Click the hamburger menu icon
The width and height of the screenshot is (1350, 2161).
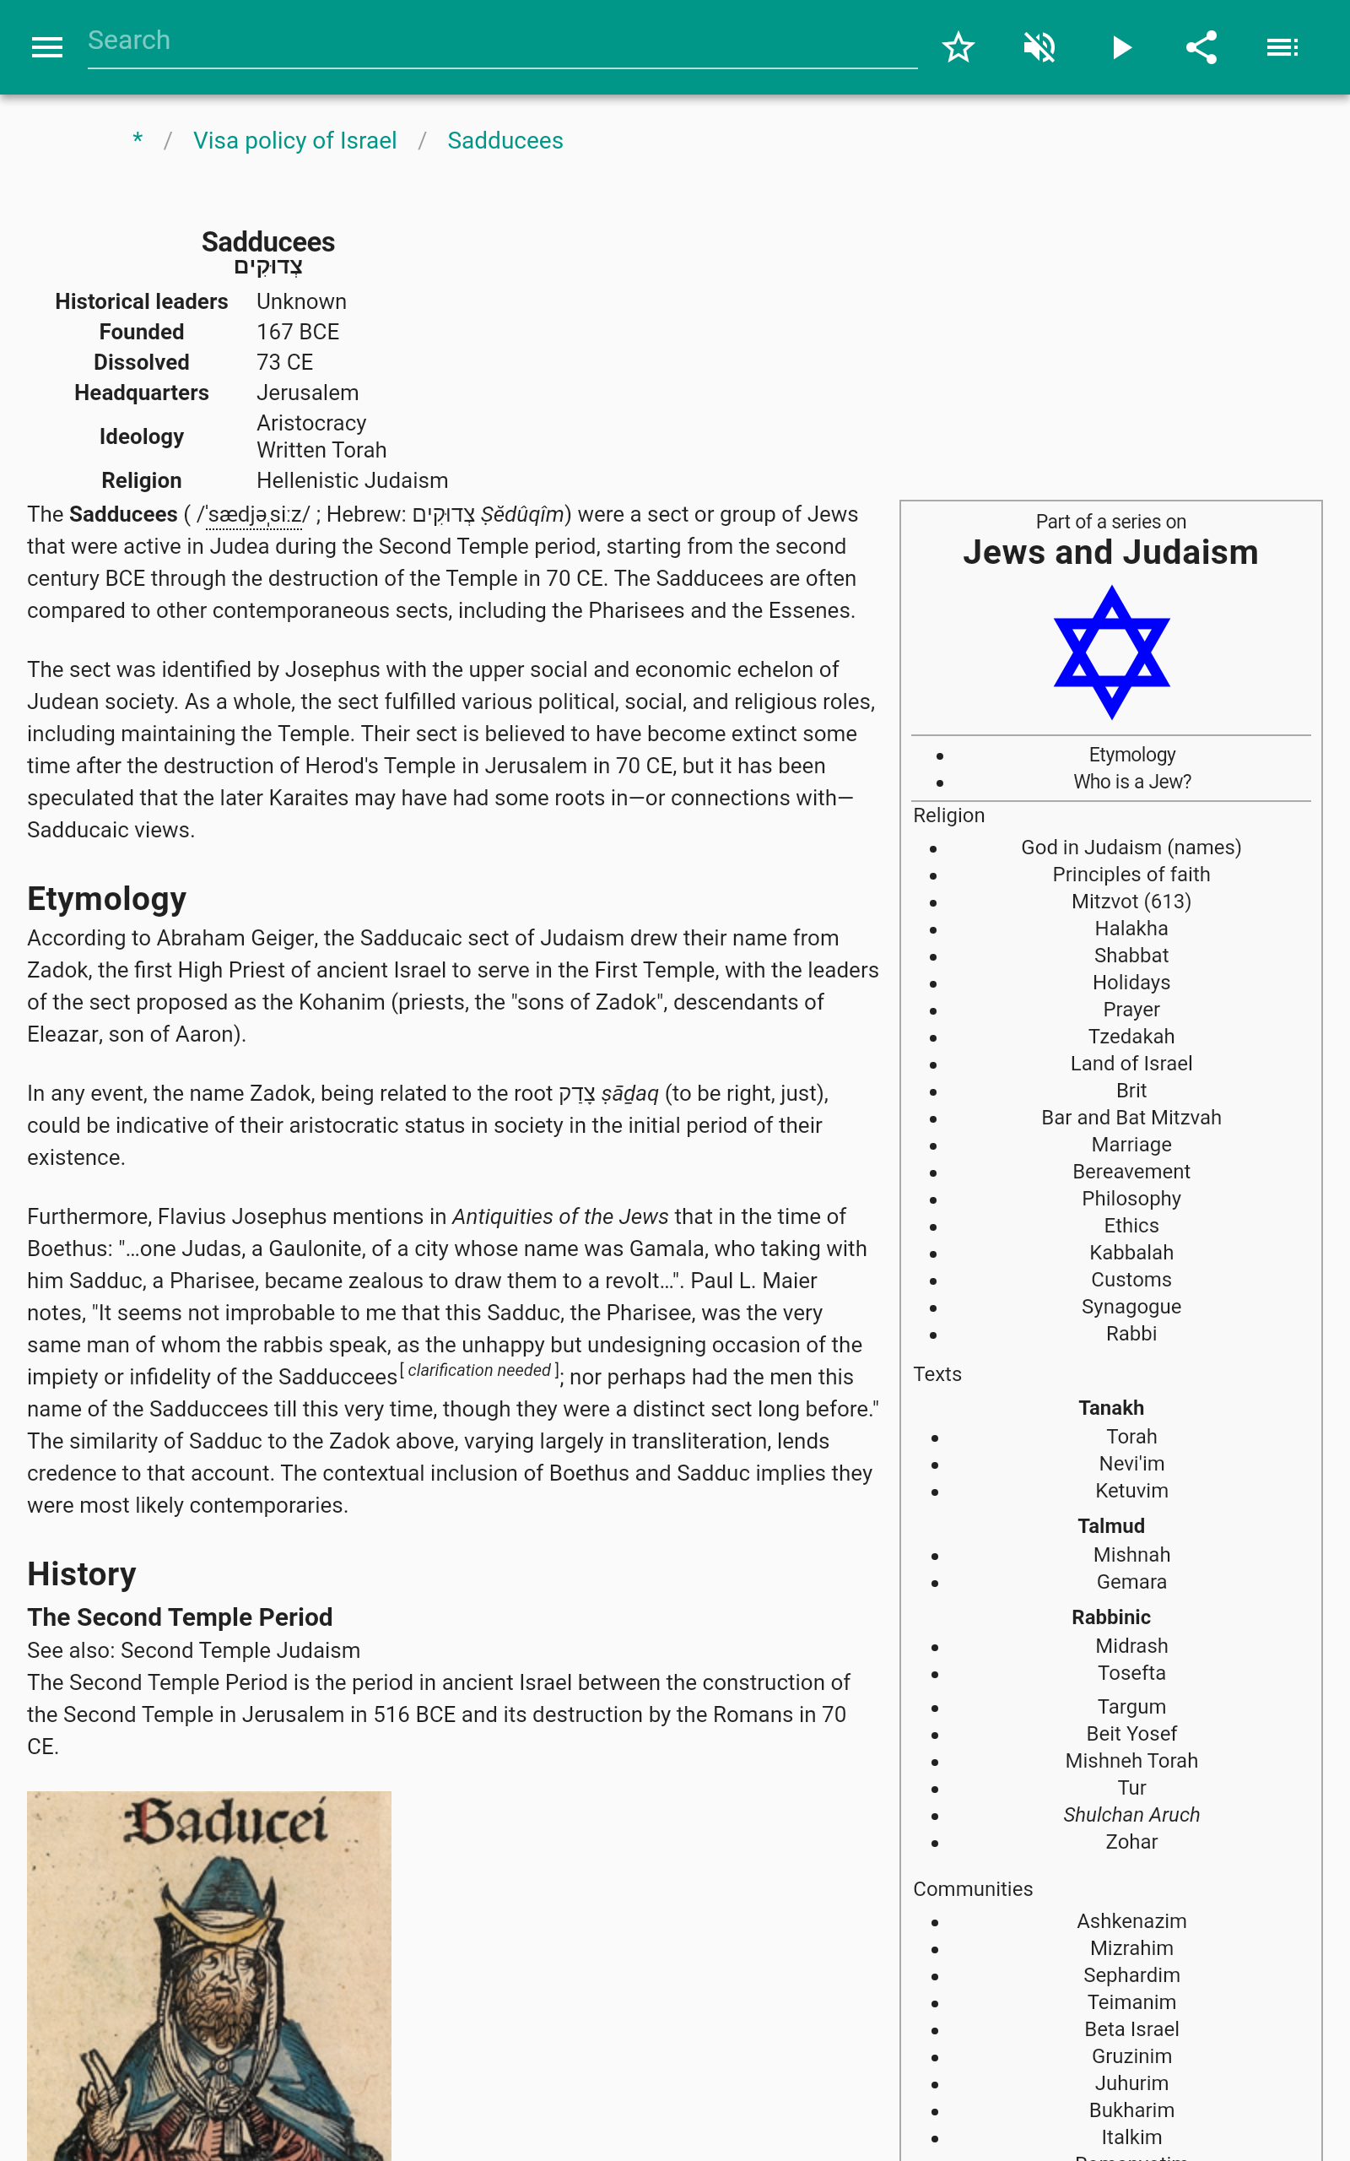(46, 47)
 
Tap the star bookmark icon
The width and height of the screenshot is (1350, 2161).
(958, 47)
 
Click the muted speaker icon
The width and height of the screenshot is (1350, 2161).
(1039, 47)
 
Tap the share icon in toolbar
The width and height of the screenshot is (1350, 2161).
(1201, 47)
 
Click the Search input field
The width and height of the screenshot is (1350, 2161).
(500, 41)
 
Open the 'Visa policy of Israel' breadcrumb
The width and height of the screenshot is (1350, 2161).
(294, 141)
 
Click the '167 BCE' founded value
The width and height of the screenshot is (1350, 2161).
(297, 333)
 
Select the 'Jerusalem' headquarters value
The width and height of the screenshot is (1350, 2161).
(307, 393)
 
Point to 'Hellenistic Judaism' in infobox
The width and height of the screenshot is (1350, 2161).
(352, 480)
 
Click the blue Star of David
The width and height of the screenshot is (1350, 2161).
(1110, 652)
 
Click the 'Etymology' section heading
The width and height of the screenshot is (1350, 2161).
(106, 898)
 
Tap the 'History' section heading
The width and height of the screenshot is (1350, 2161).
(81, 1573)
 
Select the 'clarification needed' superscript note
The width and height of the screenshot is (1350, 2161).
(479, 1371)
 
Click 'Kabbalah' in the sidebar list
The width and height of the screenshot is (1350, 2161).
(1131, 1253)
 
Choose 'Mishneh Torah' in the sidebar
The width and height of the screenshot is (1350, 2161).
(1131, 1761)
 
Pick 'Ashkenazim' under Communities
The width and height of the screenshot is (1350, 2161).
(1131, 1921)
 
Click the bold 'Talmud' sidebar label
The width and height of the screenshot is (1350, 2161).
(1110, 1526)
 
